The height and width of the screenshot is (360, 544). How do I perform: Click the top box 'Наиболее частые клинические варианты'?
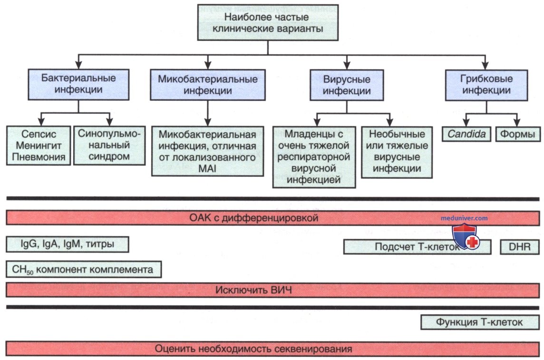click(268, 22)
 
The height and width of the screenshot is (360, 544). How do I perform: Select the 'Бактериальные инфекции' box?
click(79, 84)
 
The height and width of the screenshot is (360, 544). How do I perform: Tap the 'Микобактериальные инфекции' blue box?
click(208, 85)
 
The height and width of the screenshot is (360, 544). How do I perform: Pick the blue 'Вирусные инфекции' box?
click(347, 85)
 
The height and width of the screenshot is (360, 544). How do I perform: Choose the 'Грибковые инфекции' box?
click(486, 85)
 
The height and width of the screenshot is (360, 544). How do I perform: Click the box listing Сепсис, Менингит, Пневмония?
click(39, 146)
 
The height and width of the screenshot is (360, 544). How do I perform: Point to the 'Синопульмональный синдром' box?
click(109, 146)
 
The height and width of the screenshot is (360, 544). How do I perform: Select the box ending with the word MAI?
click(207, 151)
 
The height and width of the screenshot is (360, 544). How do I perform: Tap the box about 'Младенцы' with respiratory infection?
click(314, 157)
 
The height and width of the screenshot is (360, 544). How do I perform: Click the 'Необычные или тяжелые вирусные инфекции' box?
click(397, 152)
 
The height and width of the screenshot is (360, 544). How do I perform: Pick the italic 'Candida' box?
click(466, 134)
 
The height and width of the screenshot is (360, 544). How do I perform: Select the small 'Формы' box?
click(518, 134)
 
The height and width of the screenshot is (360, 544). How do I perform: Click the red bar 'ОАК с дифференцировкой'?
click(272, 218)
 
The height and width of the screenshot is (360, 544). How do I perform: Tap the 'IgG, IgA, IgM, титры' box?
click(68, 244)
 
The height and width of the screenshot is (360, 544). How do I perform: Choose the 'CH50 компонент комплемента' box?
click(84, 270)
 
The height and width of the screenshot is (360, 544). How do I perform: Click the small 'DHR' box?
click(520, 247)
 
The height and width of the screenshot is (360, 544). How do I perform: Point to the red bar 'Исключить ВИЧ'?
click(272, 290)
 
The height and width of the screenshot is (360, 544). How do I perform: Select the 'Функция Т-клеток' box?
click(480, 322)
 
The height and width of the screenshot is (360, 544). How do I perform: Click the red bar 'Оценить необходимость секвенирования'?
click(272, 349)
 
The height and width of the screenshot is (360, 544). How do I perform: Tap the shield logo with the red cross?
click(466, 236)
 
